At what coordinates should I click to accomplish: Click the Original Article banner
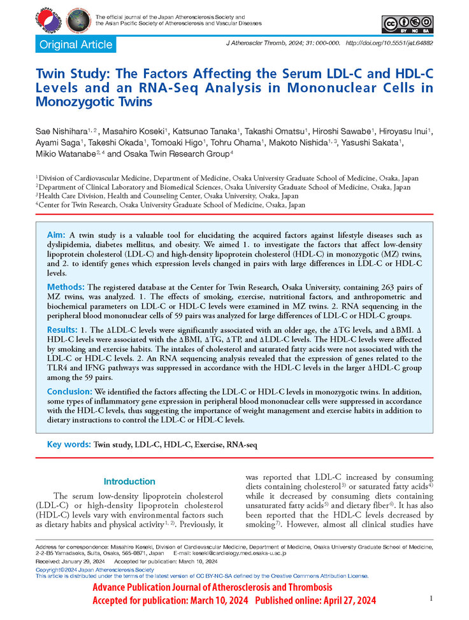click(76, 45)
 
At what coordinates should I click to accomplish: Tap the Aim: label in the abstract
click(56, 236)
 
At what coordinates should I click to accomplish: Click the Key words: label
click(69, 446)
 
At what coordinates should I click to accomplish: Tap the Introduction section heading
click(129, 481)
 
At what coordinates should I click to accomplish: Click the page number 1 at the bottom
click(431, 598)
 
